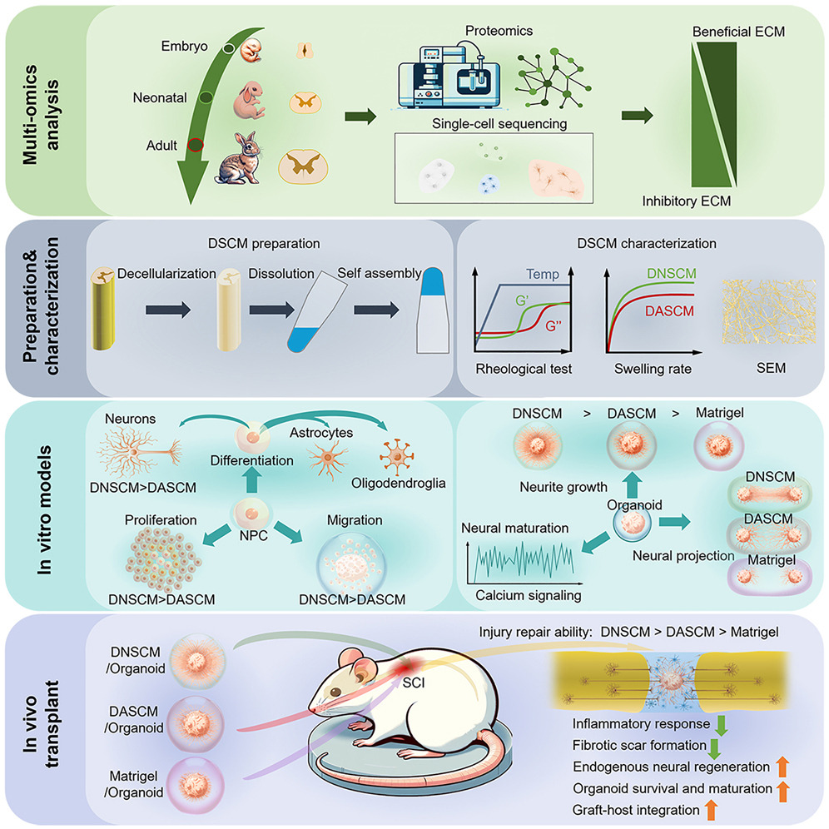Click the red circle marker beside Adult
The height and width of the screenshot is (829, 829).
pyautogui.click(x=195, y=145)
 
